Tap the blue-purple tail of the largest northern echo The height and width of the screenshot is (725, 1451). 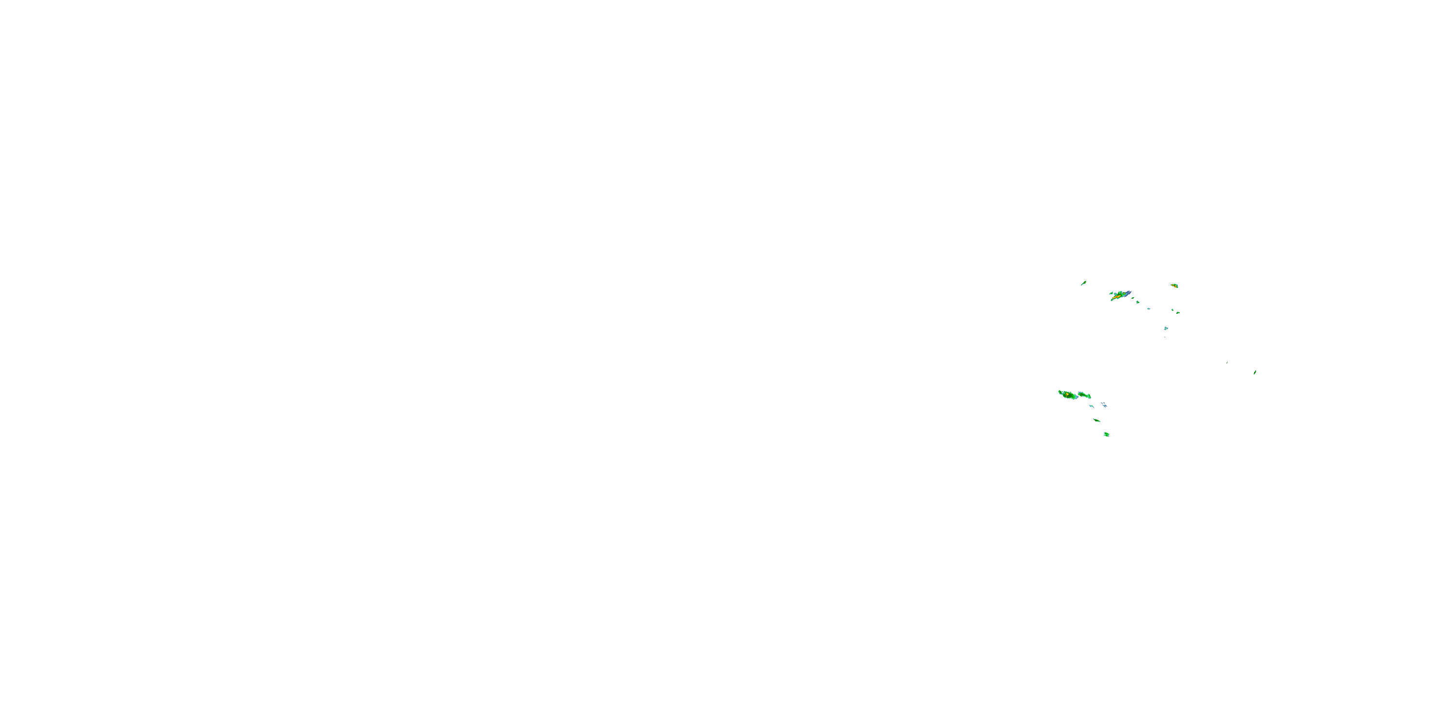[1126, 293]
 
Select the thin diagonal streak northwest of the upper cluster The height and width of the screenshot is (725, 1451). [1083, 283]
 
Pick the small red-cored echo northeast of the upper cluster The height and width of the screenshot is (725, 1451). [1174, 286]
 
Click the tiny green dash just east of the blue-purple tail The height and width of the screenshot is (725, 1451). [1133, 298]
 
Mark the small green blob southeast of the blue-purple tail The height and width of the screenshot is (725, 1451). [1138, 302]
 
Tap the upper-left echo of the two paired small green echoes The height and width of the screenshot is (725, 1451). [1173, 310]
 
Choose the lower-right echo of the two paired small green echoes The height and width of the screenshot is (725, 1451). [1178, 312]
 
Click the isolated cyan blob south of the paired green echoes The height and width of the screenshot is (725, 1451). [1166, 328]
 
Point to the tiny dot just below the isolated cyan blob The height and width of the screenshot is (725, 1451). [1165, 336]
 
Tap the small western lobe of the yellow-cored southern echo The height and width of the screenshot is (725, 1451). [1060, 392]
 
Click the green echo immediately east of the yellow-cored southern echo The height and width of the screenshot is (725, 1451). [1084, 395]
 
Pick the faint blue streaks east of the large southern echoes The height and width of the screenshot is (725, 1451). [1104, 405]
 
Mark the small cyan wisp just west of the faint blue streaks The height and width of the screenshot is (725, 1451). [1092, 406]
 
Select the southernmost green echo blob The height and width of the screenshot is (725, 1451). [1107, 435]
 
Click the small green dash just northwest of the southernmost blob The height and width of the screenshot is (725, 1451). [1096, 420]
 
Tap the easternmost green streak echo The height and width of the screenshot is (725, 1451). [1255, 372]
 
